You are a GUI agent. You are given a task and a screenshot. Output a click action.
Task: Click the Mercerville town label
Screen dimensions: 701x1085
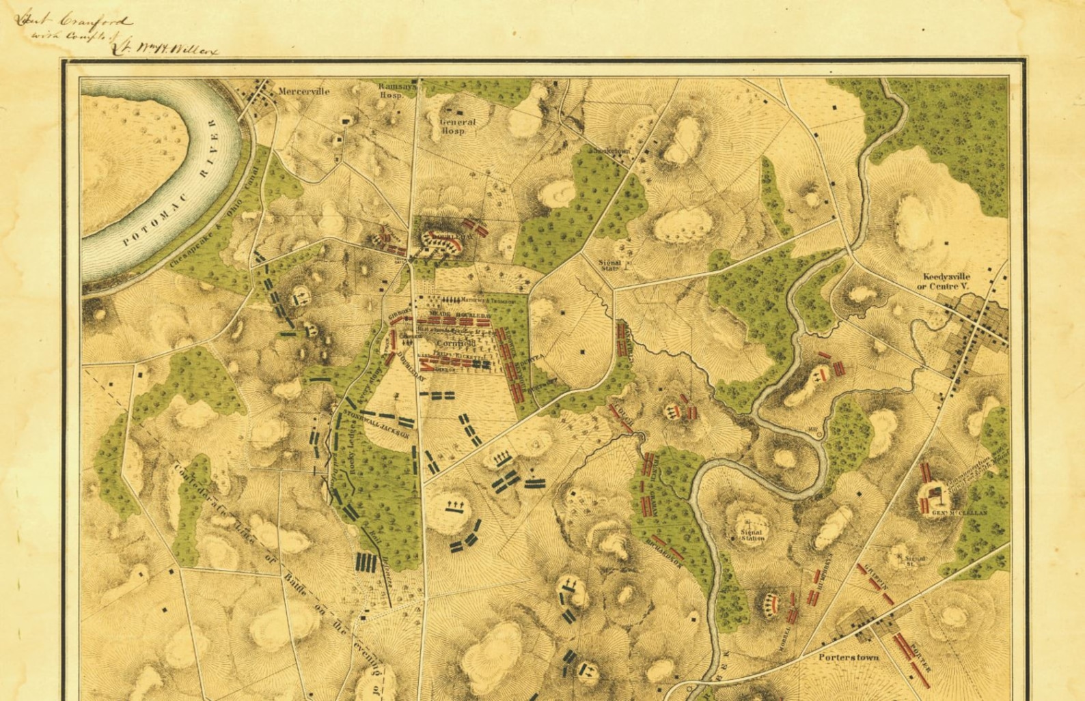pyautogui.click(x=304, y=91)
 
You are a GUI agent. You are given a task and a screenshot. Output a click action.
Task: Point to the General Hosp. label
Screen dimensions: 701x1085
pyautogui.click(x=457, y=126)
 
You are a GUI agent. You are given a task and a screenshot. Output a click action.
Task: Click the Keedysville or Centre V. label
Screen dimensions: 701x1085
pyautogui.click(x=946, y=281)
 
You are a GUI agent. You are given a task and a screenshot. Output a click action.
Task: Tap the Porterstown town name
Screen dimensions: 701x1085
pyautogui.click(x=849, y=657)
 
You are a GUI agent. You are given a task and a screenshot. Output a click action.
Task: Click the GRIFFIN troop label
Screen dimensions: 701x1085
pyautogui.click(x=877, y=579)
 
